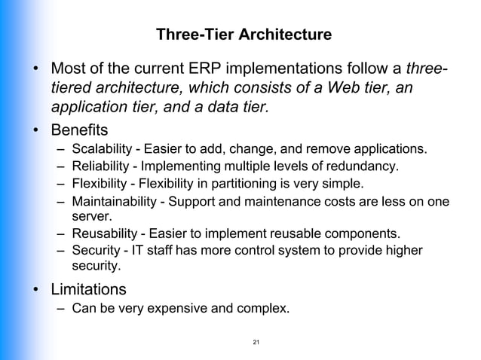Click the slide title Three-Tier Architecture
(x=242, y=35)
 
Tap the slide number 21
(x=256, y=343)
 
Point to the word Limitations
(x=88, y=288)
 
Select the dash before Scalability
(x=60, y=148)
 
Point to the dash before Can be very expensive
(x=60, y=309)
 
